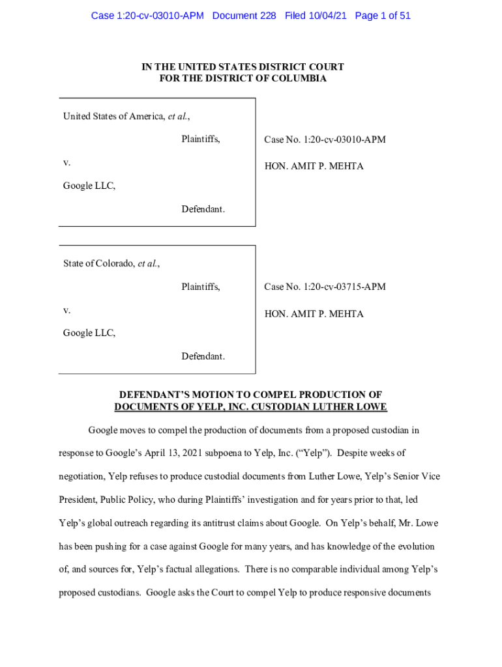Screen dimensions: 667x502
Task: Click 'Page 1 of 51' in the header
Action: [383, 16]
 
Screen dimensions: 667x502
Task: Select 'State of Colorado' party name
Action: [98, 264]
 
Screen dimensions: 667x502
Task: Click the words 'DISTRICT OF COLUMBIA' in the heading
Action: [273, 79]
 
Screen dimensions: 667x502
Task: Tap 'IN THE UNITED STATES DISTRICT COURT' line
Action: [243, 67]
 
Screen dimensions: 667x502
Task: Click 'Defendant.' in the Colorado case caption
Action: [203, 356]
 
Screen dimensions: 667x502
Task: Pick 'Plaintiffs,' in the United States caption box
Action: [201, 139]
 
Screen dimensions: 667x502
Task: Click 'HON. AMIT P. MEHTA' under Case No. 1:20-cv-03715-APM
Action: [314, 314]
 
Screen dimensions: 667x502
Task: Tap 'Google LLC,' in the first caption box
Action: [89, 186]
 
